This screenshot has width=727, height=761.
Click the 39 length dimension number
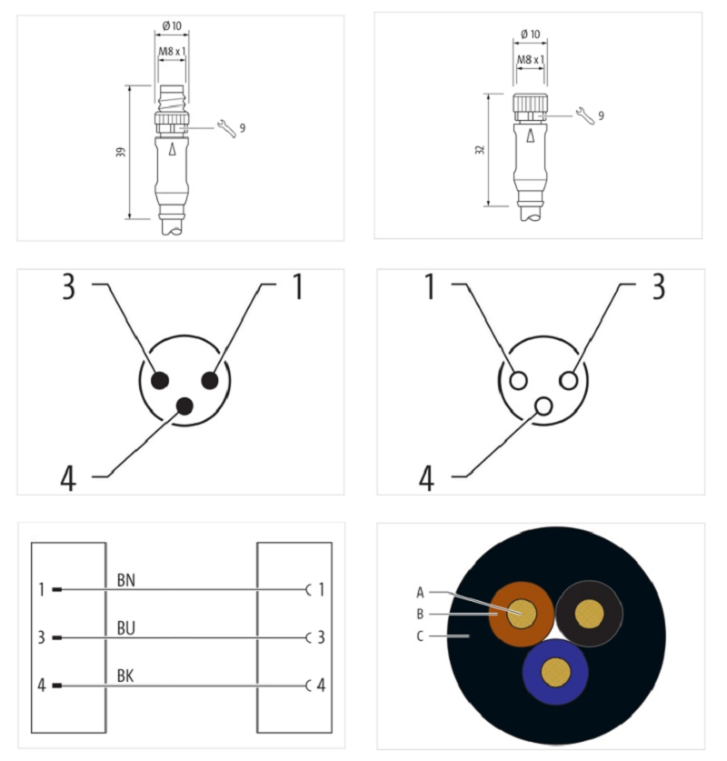pos(121,152)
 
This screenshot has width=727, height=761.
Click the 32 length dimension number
pos(480,150)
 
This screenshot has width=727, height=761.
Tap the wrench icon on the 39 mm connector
pos(227,128)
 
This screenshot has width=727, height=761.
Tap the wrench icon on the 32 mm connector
pos(585,116)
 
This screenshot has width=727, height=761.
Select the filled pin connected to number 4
pos(184,406)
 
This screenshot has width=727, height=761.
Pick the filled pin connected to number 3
pos(160,380)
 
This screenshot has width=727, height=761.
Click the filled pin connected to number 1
pos(210,380)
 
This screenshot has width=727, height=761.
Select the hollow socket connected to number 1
pos(519,380)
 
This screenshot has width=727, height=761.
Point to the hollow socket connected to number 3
pos(568,380)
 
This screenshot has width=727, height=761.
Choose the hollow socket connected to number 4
pos(543,406)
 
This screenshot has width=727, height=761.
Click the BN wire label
pos(126,580)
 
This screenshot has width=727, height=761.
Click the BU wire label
pos(126,628)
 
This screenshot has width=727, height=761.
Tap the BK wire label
pos(125,676)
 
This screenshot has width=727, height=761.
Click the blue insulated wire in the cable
pos(555,691)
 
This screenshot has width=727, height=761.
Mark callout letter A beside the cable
pos(420,592)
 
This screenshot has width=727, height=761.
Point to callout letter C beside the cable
pos(420,636)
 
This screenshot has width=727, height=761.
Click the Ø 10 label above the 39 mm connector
pos(172,25)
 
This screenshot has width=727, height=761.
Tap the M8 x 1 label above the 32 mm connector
pos(531,60)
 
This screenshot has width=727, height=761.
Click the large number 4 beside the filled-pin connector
pos(68,478)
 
